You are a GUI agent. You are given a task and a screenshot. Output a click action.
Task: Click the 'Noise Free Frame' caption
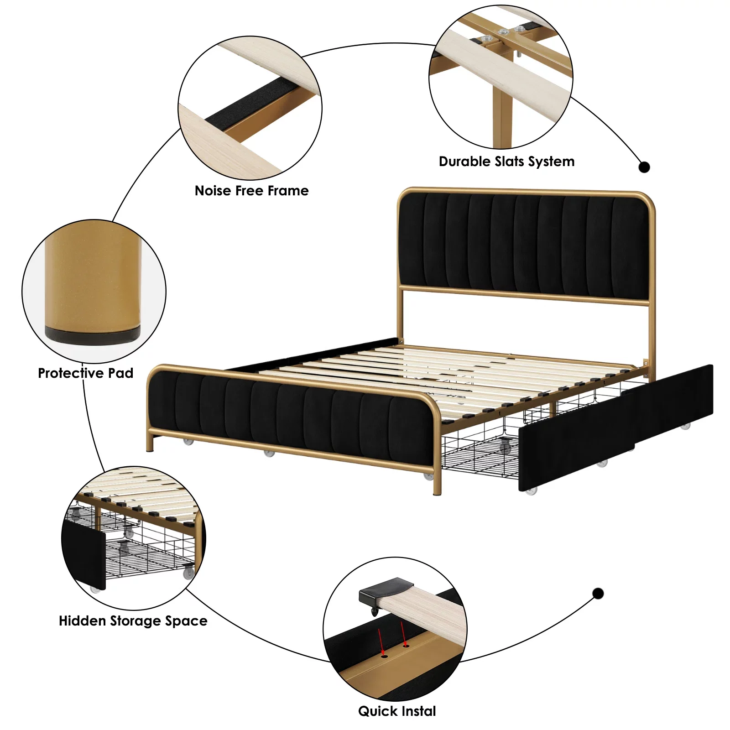[x=251, y=190]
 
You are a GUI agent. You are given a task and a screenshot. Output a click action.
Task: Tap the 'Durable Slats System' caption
[x=506, y=162]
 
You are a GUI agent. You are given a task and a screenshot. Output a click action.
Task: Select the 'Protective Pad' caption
[x=85, y=373]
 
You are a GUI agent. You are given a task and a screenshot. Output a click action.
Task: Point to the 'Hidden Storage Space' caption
[x=133, y=621]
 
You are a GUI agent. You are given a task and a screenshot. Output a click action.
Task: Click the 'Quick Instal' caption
[x=397, y=711]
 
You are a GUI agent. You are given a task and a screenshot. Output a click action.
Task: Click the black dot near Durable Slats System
[x=644, y=167]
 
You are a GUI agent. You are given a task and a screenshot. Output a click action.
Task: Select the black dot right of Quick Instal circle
[x=598, y=594]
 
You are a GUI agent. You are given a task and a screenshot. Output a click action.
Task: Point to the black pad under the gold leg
[x=93, y=334]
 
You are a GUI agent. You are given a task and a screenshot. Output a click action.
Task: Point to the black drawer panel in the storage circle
[x=84, y=554]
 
